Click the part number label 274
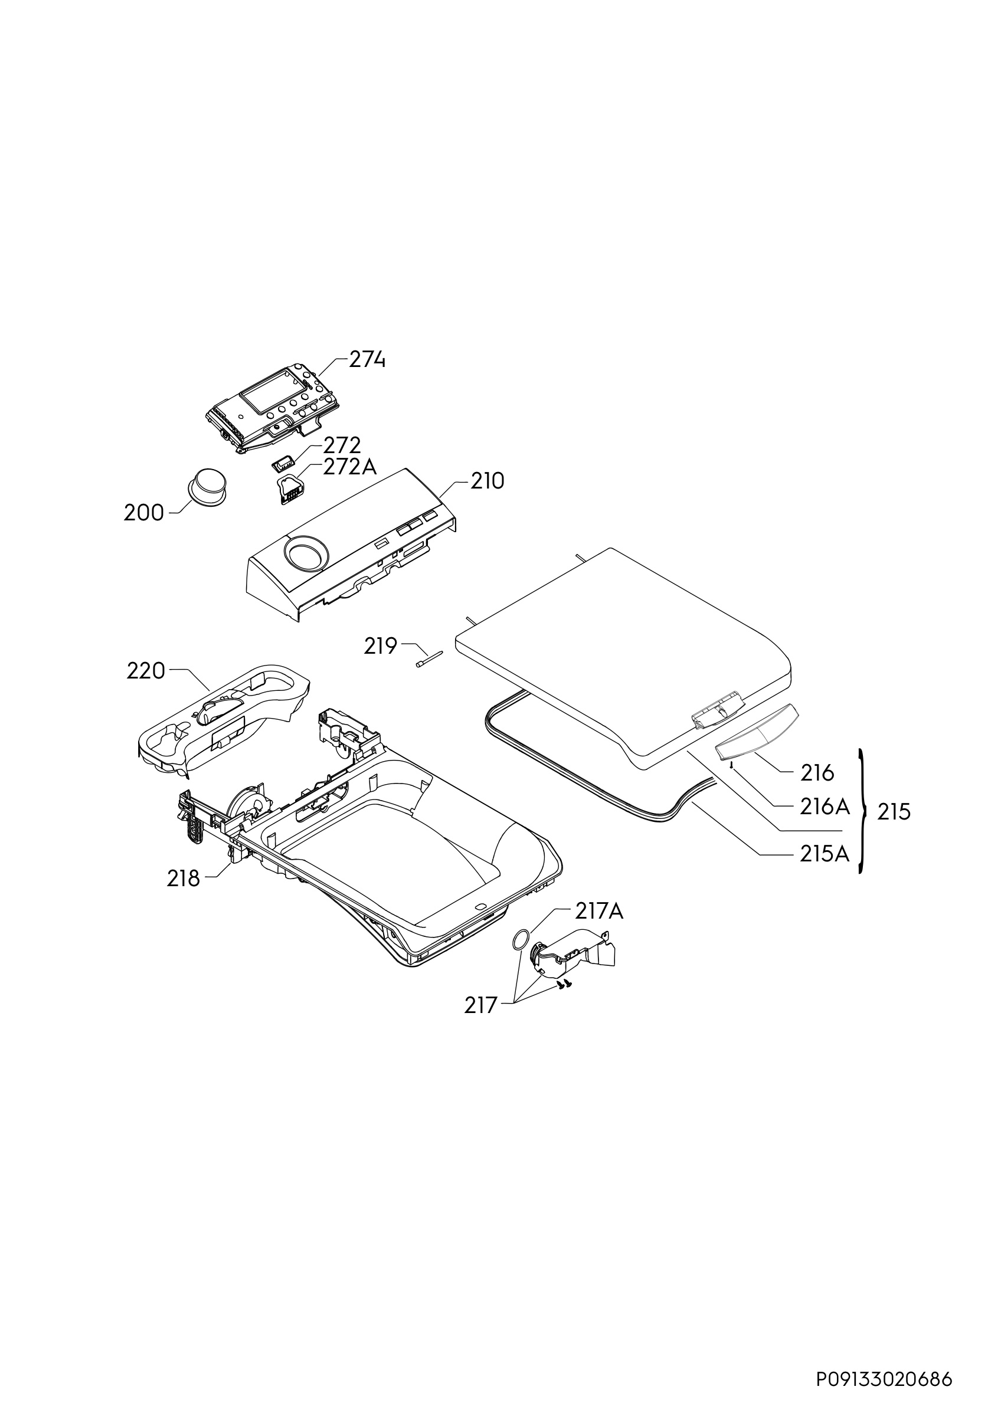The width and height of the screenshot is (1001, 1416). pyautogui.click(x=367, y=359)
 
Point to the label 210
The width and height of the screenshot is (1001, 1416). pyautogui.click(x=488, y=481)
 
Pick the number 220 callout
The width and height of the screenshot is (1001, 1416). pyautogui.click(x=146, y=671)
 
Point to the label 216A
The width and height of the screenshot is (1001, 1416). pyautogui.click(x=825, y=806)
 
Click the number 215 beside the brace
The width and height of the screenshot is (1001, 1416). pyautogui.click(x=894, y=812)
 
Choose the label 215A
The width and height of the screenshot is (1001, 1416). pyautogui.click(x=825, y=854)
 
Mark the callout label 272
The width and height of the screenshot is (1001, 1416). pyautogui.click(x=342, y=445)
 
